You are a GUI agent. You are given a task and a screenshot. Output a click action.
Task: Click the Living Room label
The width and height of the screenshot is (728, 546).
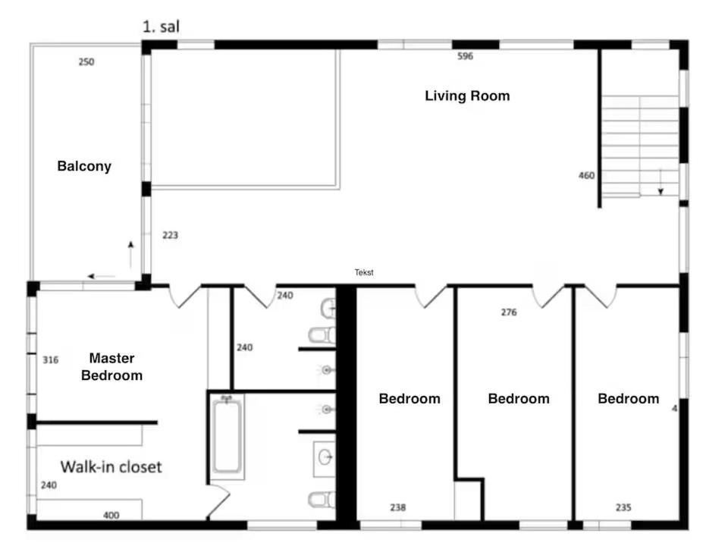[x=467, y=96]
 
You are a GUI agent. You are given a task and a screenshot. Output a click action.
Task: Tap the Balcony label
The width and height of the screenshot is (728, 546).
[x=84, y=166]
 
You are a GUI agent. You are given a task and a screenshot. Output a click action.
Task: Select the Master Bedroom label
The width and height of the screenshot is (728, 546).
[x=112, y=367]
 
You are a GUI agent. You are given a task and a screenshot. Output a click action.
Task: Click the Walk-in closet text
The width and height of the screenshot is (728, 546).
[x=111, y=466]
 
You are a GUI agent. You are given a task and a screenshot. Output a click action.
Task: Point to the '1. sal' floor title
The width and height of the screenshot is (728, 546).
[x=161, y=27]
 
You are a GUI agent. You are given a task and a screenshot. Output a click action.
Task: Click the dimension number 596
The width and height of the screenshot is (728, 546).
[x=465, y=56]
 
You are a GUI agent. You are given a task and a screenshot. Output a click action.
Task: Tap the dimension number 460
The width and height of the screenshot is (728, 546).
[x=586, y=175]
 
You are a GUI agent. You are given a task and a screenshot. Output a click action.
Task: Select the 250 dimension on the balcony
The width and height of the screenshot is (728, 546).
[x=86, y=61]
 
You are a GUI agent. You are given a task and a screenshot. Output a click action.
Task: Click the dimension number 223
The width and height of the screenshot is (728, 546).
[x=170, y=235]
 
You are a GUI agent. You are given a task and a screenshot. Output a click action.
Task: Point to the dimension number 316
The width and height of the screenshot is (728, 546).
[x=51, y=359]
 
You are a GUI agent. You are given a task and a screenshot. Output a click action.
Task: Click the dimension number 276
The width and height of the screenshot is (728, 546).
[x=509, y=312]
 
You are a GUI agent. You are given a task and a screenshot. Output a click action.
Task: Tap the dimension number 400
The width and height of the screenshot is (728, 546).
[x=111, y=515]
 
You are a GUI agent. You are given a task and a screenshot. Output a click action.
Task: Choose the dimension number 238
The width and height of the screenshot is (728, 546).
[x=398, y=507]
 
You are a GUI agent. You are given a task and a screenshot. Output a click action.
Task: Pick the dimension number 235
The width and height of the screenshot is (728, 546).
[x=623, y=507]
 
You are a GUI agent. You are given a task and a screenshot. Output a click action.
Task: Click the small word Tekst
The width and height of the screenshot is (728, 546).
[x=364, y=272]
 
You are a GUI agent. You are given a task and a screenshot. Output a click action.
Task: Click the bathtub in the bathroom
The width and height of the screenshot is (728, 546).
[x=227, y=437]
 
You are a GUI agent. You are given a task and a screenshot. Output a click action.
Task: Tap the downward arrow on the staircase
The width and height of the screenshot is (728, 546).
[x=661, y=182]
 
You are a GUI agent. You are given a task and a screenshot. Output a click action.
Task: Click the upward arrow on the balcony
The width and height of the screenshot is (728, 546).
[x=131, y=255]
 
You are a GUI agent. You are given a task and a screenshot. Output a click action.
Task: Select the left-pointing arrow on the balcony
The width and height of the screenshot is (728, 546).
[x=101, y=276]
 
